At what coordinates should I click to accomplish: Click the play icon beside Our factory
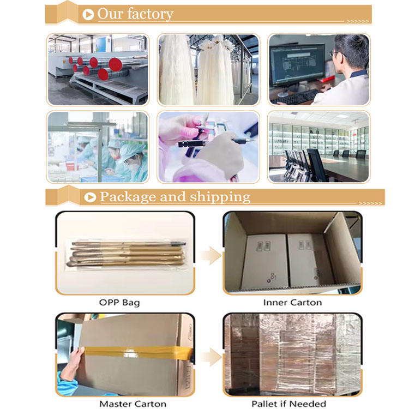coord(88,14)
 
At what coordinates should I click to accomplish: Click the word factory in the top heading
coord(151,14)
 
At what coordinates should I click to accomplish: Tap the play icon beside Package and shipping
coord(90,197)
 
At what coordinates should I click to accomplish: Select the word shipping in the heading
coord(220,197)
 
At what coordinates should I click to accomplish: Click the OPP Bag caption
coord(119,303)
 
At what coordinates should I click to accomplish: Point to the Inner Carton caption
coord(292,302)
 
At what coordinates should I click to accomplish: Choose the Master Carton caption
coord(133,404)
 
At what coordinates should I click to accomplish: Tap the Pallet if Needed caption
coord(288,404)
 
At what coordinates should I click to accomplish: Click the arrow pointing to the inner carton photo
coord(210,256)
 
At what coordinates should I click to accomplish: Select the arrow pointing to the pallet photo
coord(210,357)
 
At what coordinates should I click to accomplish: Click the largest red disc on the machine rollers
coord(115,64)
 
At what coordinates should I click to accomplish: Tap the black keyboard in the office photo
coord(295,97)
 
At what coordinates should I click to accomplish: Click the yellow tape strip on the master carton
coord(139,353)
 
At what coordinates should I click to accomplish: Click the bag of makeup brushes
coord(127,254)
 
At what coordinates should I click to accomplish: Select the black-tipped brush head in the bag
coord(181,244)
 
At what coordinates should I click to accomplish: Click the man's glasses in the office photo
coord(336,53)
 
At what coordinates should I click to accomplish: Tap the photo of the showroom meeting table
coord(319,147)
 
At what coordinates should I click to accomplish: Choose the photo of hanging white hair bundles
coord(208,70)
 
